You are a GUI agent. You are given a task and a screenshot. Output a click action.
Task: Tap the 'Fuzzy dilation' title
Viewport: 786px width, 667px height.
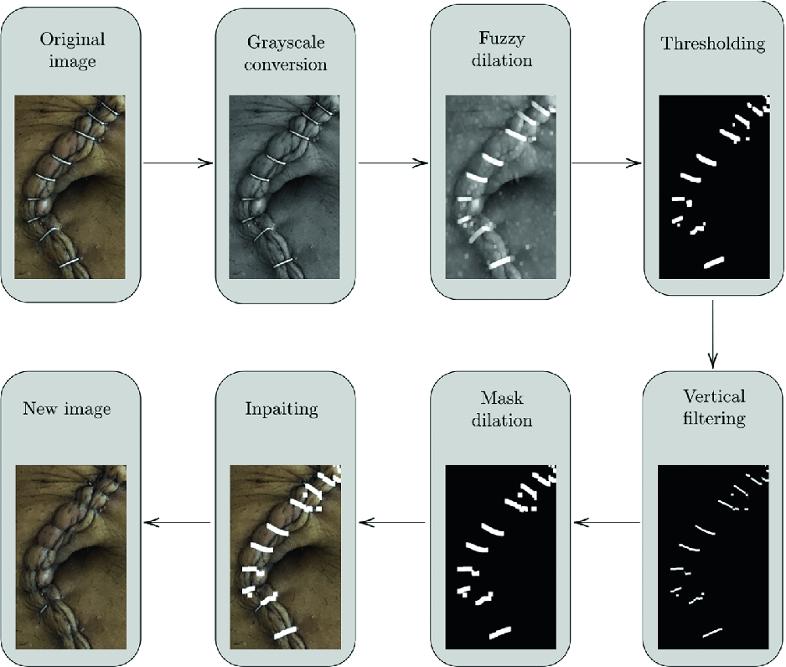click(x=500, y=49)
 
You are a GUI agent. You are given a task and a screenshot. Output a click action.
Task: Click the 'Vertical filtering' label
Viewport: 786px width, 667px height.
click(x=714, y=406)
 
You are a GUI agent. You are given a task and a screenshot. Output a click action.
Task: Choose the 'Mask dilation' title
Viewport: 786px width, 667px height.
click(x=500, y=408)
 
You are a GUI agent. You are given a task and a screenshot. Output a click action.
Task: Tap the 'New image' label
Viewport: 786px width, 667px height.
click(x=67, y=409)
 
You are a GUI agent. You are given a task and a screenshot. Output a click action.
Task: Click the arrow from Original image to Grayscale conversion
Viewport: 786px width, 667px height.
click(x=178, y=163)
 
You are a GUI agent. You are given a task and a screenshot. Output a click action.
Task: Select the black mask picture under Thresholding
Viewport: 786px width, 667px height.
click(x=714, y=186)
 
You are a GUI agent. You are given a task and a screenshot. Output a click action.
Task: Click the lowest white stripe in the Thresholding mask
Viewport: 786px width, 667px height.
click(x=713, y=262)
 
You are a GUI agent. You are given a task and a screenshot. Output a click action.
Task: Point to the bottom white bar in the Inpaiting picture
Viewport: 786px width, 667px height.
click(x=286, y=633)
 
